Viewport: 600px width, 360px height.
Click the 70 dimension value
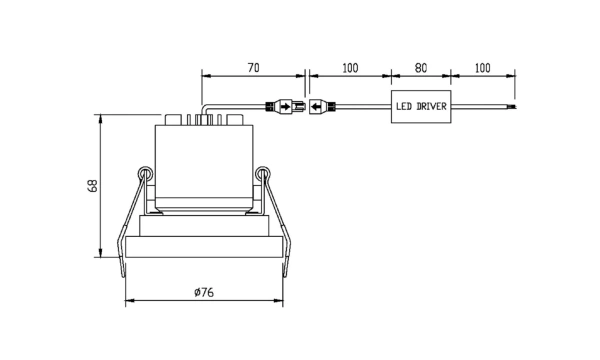pyautogui.click(x=253, y=68)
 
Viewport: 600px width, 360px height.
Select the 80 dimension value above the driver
pyautogui.click(x=421, y=68)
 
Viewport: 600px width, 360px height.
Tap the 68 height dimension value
pyautogui.click(x=93, y=186)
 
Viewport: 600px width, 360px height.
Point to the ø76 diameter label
pyautogui.click(x=204, y=292)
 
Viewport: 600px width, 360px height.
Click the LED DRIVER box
pyautogui.click(x=421, y=106)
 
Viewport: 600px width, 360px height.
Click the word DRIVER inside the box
pyautogui.click(x=431, y=106)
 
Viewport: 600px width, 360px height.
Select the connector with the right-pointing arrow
pyautogui.click(x=285, y=106)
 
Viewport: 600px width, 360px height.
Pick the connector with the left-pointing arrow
pyautogui.click(x=322, y=106)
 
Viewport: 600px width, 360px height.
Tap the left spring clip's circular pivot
pyautogui.click(x=145, y=174)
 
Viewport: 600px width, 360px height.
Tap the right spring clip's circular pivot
pyautogui.click(x=262, y=174)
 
